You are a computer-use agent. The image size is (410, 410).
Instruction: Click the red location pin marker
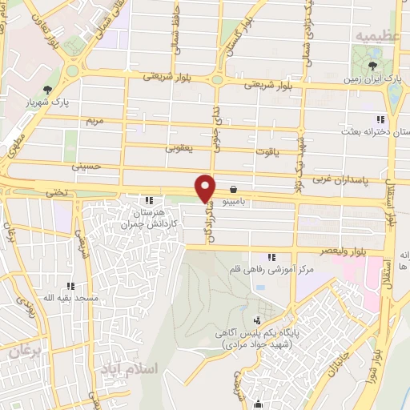[206, 187]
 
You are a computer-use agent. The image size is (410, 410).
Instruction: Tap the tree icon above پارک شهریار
[48, 89]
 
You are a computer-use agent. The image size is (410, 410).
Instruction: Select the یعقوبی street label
[180, 147]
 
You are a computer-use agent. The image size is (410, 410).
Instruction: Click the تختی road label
[54, 193]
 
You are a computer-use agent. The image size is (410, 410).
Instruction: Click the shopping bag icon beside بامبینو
[232, 190]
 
